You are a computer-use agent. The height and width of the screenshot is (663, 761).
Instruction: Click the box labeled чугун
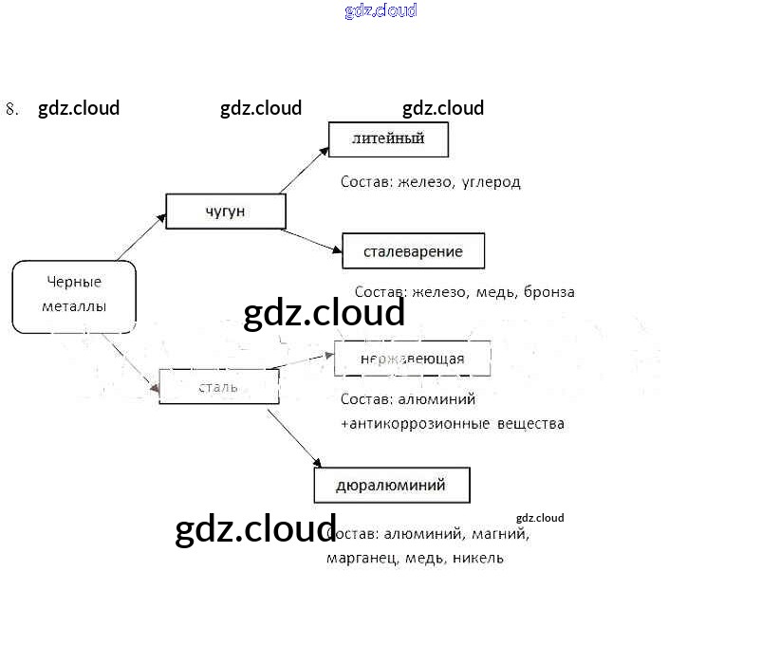click(226, 212)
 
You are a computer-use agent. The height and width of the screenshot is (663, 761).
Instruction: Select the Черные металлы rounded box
click(74, 296)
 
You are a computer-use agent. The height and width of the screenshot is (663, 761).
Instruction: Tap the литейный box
click(388, 139)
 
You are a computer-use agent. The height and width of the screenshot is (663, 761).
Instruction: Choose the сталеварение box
click(413, 251)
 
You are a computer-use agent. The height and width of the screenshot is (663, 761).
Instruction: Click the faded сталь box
click(218, 387)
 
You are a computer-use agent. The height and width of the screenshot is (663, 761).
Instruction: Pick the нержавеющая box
click(412, 359)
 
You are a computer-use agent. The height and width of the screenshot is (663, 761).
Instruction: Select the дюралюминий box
click(391, 486)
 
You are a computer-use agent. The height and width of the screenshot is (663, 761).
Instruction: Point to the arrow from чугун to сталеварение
click(312, 241)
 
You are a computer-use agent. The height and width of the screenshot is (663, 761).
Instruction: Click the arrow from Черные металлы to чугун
click(141, 236)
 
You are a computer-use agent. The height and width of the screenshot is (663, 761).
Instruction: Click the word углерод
click(492, 182)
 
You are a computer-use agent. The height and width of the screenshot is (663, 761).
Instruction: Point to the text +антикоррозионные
click(415, 424)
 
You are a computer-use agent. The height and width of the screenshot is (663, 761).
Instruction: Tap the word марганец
click(362, 558)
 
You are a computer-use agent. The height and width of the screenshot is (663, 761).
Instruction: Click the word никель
click(478, 558)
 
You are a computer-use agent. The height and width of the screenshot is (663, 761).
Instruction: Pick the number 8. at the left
click(12, 109)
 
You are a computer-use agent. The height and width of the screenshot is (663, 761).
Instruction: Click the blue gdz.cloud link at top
click(380, 11)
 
